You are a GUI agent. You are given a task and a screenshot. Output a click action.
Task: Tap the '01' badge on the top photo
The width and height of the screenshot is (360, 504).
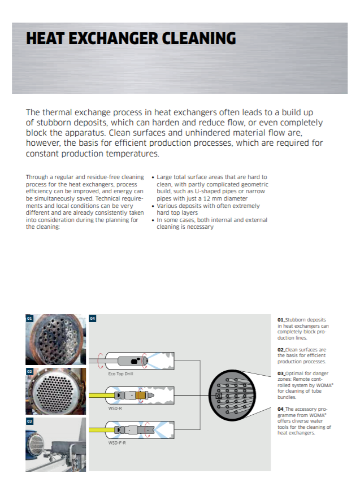point(29,319)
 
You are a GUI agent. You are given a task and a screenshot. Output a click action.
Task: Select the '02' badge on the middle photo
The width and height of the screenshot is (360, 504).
point(29,372)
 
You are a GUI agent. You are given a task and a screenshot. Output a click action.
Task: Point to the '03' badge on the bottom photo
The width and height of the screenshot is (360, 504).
point(29,422)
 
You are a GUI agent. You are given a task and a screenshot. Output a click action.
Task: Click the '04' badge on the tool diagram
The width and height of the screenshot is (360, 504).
point(93,319)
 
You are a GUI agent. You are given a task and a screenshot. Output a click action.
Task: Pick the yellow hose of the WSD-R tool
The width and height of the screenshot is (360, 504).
point(101,396)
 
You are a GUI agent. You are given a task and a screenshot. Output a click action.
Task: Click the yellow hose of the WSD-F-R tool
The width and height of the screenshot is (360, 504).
point(101,430)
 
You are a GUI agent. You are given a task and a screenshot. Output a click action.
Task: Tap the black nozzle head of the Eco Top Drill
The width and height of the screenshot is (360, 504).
point(135,360)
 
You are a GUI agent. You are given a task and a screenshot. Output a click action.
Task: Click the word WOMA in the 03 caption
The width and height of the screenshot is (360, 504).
point(320,385)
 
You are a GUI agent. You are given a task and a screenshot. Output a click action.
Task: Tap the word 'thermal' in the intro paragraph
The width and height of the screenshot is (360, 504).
point(58,112)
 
